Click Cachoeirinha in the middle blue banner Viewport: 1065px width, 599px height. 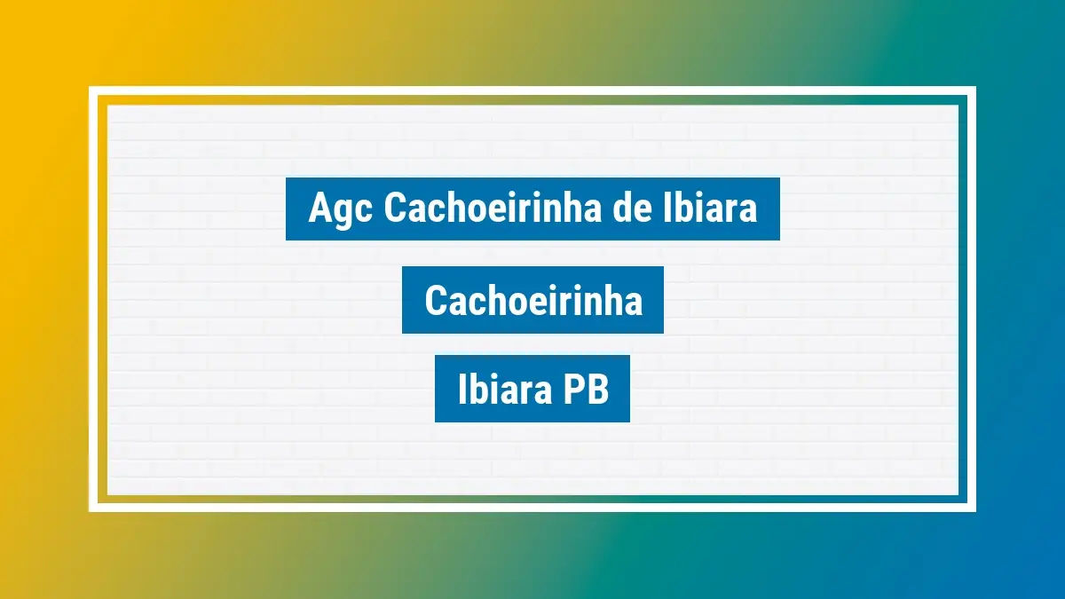click(533, 301)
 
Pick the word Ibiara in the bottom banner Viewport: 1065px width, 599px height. click(499, 390)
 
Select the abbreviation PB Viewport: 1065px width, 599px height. click(582, 390)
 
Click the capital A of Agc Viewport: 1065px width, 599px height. click(319, 209)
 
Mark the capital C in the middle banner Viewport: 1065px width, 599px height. click(436, 301)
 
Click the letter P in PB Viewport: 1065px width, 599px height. click(570, 390)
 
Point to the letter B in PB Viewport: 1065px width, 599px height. click(596, 390)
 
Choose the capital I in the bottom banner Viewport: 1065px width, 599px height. click(462, 390)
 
